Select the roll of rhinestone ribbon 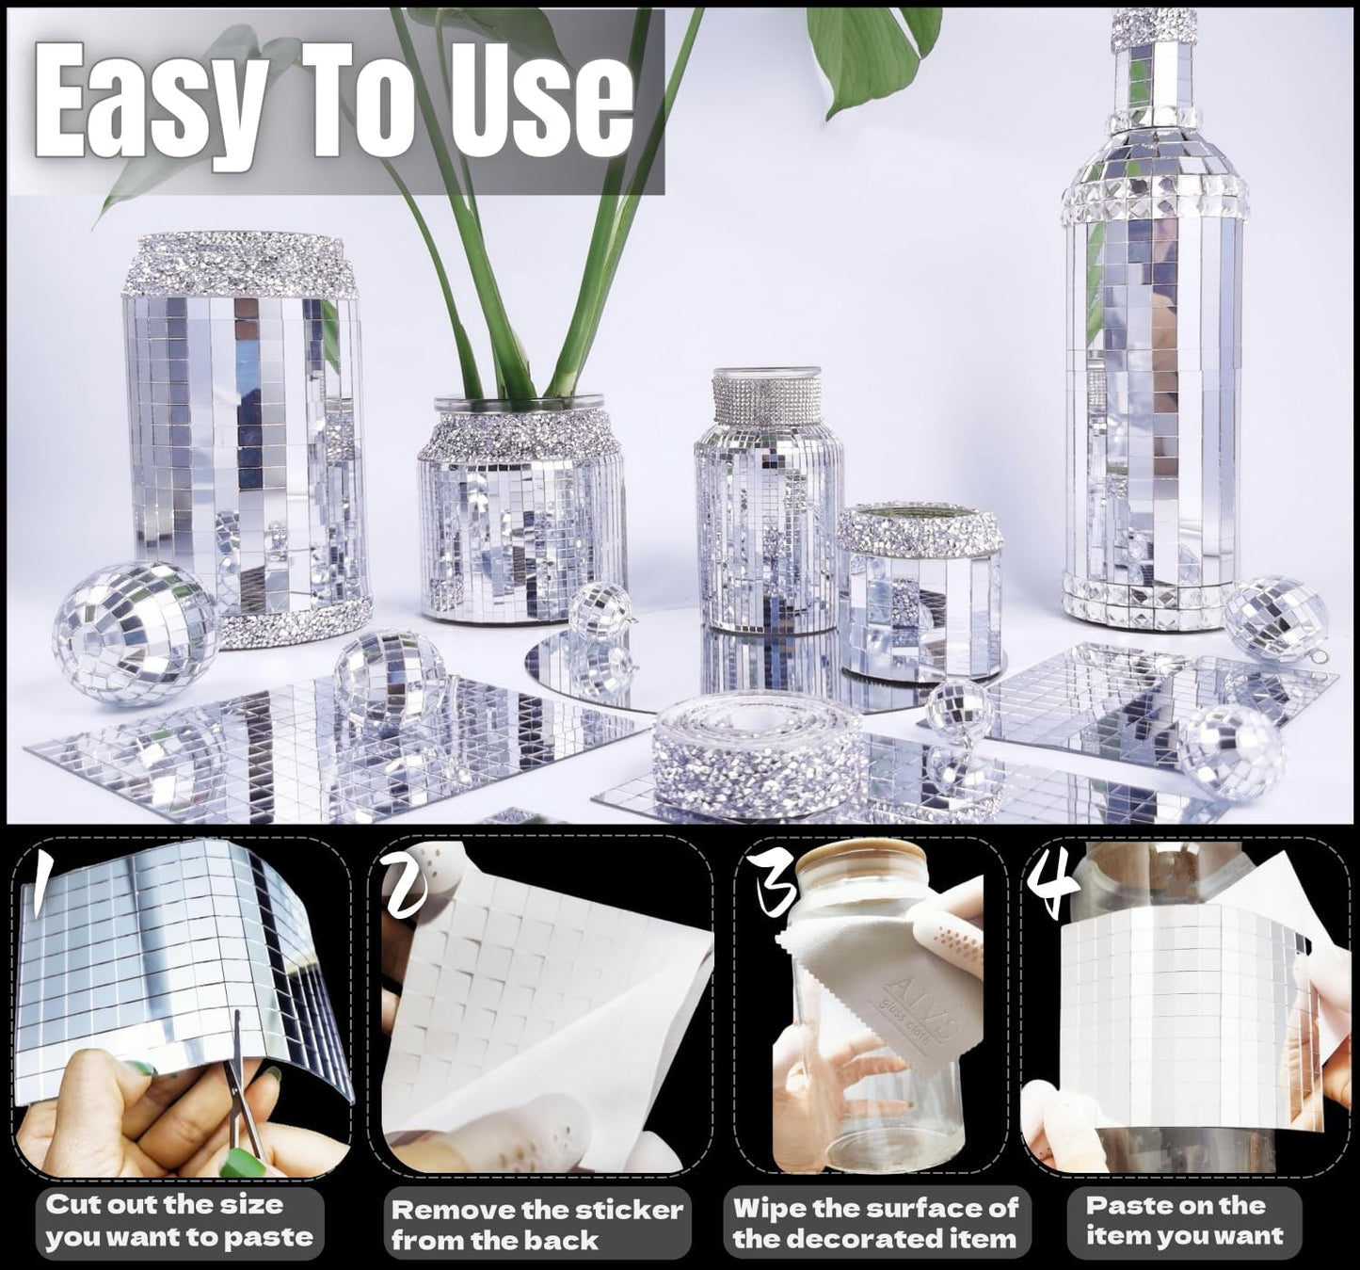click(x=757, y=747)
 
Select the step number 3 click(x=774, y=885)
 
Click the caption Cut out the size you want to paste click(x=179, y=1221)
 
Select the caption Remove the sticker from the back click(x=536, y=1225)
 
